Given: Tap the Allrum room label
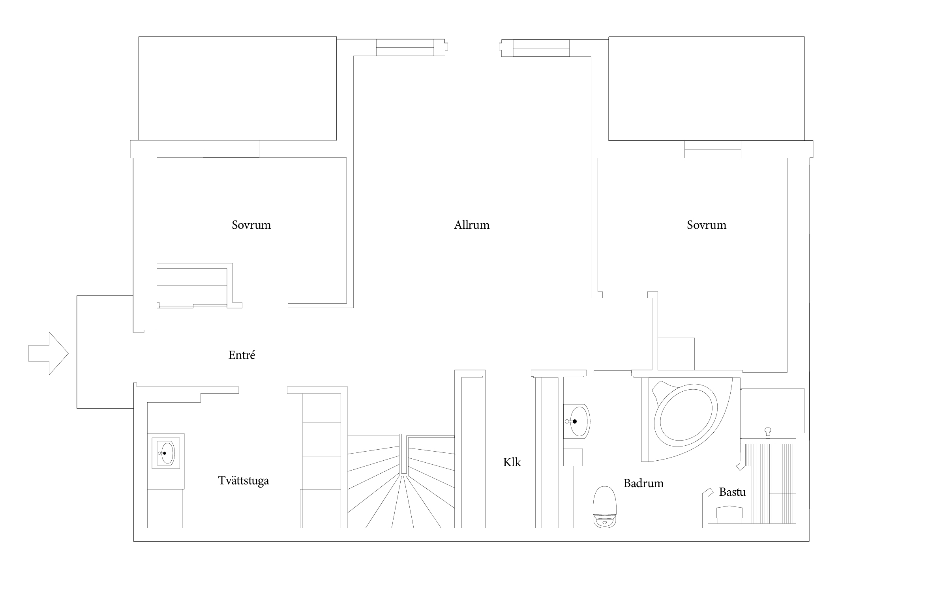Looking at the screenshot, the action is (x=472, y=225).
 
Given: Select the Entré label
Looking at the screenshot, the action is (x=242, y=355).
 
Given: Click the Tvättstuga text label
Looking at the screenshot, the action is (x=244, y=481).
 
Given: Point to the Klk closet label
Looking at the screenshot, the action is (x=512, y=462).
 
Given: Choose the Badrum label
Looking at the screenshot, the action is (x=643, y=483).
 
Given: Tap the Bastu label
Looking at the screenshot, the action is (x=732, y=492).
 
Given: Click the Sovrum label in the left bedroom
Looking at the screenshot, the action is (x=251, y=225).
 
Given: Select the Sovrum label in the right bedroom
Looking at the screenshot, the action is (x=707, y=225).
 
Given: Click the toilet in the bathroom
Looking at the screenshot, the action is (x=605, y=507).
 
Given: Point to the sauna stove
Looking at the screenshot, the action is (x=729, y=515).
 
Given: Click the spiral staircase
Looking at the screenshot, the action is (x=401, y=481).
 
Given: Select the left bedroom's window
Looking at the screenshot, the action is (x=231, y=149).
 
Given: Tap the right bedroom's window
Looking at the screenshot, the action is (x=712, y=149).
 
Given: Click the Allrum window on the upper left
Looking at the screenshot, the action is (x=405, y=47).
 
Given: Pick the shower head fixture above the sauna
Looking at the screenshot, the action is (x=768, y=433).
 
